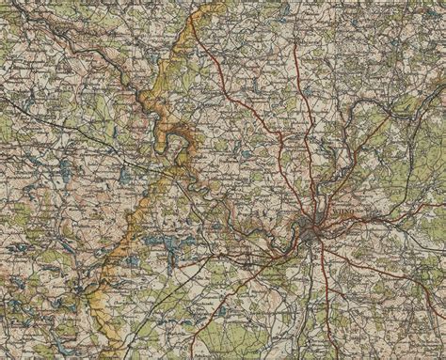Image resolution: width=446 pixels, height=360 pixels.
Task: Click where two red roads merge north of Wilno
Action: [x=282, y=141]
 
